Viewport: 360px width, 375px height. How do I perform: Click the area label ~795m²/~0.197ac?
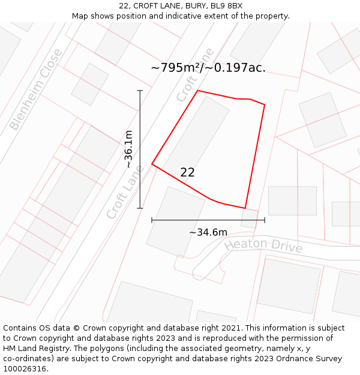coord(208,68)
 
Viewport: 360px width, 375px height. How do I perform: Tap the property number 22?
coord(187,172)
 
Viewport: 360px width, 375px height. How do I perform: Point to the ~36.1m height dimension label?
coord(128,149)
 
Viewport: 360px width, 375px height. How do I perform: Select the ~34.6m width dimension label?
coord(208,232)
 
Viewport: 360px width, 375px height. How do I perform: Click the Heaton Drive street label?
coord(263,245)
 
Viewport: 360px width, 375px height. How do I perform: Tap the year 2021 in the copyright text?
coord(232,328)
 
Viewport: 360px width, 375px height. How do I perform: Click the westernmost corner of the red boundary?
coord(152,164)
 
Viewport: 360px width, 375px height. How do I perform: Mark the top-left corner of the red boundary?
coord(198,91)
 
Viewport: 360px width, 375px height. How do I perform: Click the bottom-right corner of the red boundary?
coord(245,208)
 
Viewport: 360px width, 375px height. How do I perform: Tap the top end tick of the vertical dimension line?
coord(140,91)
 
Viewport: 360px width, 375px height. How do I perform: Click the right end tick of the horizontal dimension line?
coord(265,220)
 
